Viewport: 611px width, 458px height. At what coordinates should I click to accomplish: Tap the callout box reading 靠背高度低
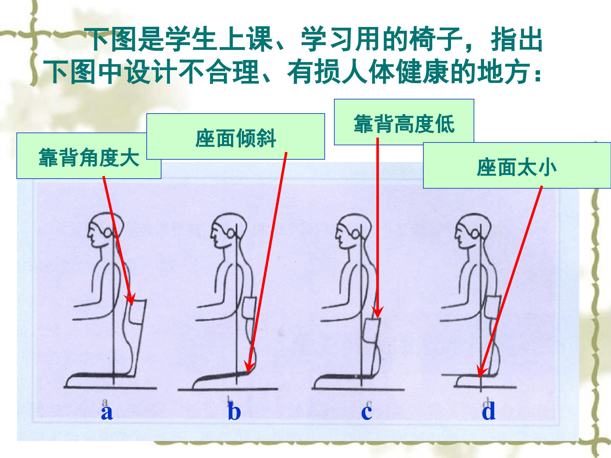point(404,122)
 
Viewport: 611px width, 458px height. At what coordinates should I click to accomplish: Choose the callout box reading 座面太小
point(517,165)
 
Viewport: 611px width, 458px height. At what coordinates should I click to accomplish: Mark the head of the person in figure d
point(473,230)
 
